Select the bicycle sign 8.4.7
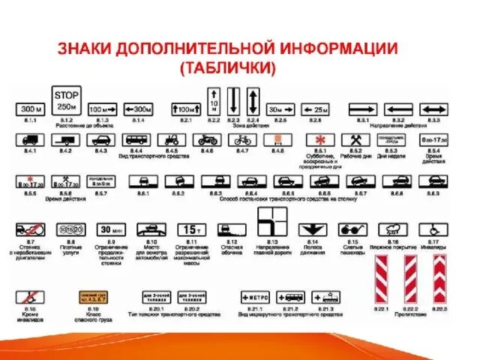[x=241, y=139]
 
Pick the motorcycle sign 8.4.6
[x=208, y=139]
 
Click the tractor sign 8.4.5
[x=172, y=139]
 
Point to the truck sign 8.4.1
[x=31, y=139]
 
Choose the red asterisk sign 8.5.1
[x=319, y=140]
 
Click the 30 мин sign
[x=111, y=229]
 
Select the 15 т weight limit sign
[x=190, y=229]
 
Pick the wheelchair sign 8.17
[x=433, y=229]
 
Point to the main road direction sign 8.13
[x=271, y=223]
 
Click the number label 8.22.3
[x=439, y=308]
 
